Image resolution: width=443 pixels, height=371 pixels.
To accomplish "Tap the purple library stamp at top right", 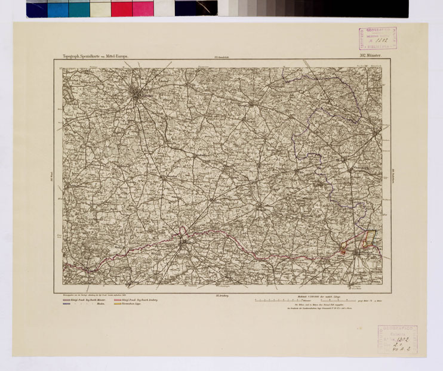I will click(377, 38).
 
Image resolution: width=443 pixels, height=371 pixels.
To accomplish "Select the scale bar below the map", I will click(299, 301).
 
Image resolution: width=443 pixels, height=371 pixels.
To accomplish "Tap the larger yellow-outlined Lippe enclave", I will click(368, 237).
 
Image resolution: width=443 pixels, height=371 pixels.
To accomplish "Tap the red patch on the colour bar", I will click(121, 8).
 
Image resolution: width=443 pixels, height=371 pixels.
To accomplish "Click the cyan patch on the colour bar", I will click(58, 8).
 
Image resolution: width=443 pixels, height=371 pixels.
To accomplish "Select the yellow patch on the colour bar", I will click(100, 8).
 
